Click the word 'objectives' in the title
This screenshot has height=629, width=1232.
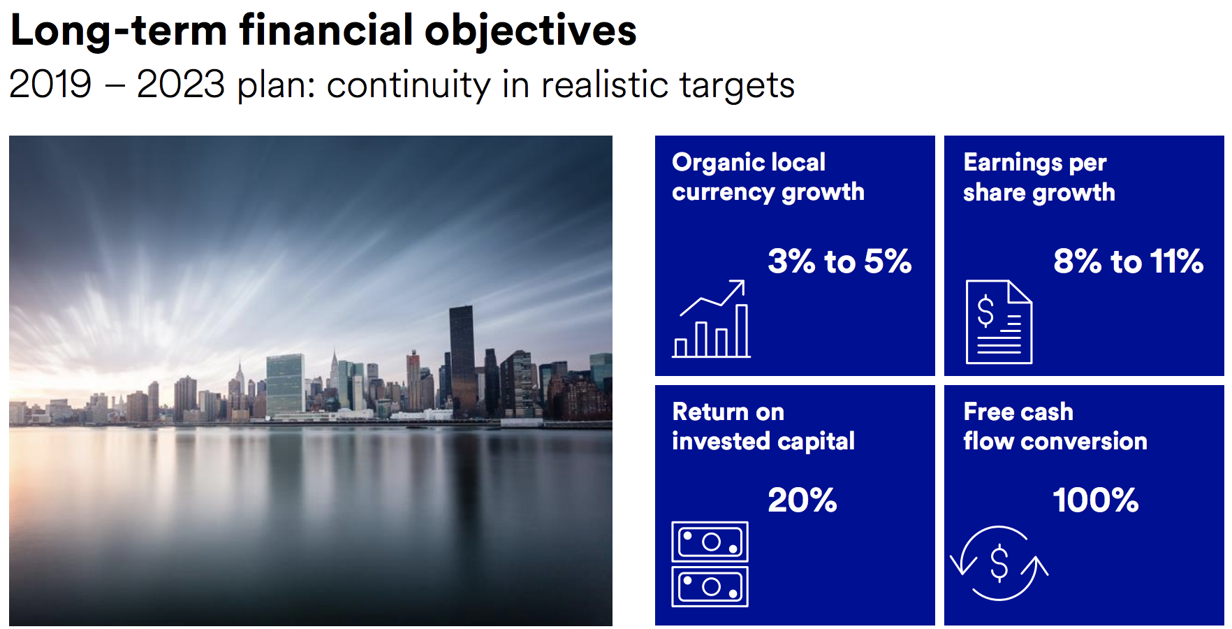click(x=530, y=32)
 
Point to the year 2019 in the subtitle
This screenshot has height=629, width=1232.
click(x=50, y=85)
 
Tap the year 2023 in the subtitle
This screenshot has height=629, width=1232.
click(x=181, y=85)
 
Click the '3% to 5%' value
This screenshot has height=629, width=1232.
click(x=839, y=261)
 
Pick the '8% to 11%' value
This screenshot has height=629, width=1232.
click(x=1128, y=261)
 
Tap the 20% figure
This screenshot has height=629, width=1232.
click(x=802, y=500)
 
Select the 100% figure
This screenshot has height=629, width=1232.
click(x=1095, y=500)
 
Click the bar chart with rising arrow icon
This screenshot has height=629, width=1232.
click(x=711, y=319)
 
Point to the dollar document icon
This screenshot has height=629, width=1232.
click(x=999, y=321)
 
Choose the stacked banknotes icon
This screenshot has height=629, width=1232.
click(x=710, y=564)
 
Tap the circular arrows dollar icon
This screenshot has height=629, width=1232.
click(x=999, y=563)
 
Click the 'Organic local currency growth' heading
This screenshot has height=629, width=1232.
click(x=768, y=177)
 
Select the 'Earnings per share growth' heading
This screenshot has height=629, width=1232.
click(x=1039, y=177)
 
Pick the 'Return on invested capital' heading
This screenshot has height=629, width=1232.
click(x=763, y=426)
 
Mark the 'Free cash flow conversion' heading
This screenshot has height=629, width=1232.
click(x=1055, y=426)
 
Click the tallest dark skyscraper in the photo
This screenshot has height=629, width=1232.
click(x=462, y=360)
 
